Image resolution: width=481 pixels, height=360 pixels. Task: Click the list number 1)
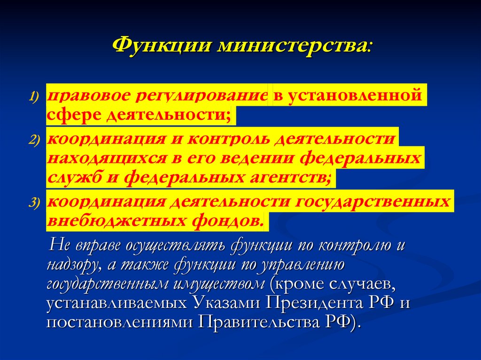point(35,96)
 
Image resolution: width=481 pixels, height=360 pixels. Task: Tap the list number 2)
point(35,140)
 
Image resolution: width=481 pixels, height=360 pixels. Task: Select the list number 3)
point(35,202)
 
